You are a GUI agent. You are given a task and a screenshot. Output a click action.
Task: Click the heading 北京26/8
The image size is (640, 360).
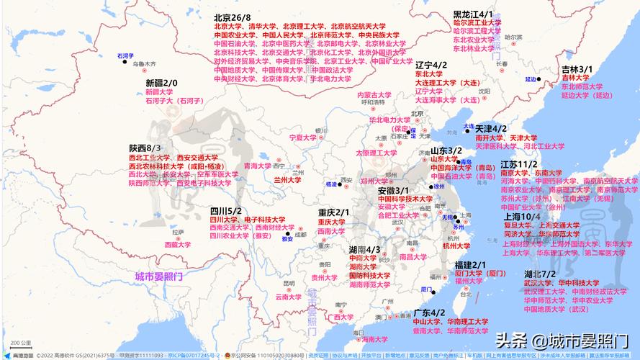(232, 17)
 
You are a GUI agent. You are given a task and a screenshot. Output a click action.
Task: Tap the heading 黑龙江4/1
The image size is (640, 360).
(472, 14)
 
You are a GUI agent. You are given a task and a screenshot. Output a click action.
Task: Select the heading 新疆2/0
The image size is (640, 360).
(161, 84)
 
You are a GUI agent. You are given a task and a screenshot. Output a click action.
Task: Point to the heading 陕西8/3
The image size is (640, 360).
(145, 148)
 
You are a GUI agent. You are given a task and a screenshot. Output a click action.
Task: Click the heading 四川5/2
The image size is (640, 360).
(225, 210)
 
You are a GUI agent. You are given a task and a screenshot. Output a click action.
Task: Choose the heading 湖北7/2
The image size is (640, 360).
(539, 274)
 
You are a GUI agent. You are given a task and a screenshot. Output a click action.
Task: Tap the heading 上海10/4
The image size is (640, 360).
(522, 215)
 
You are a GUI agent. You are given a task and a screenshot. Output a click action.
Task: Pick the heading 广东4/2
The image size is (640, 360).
(429, 312)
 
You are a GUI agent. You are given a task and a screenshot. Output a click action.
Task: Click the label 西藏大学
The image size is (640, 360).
(178, 245)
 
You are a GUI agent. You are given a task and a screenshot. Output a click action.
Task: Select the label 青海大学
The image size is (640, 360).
(258, 166)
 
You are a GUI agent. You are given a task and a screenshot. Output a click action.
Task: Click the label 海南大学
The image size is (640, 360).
(374, 339)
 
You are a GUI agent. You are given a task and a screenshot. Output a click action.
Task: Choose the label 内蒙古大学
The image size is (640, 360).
(374, 94)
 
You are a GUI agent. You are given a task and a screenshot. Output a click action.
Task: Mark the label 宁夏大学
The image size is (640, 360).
(302, 137)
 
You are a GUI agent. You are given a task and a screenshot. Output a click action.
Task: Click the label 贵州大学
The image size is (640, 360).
(325, 277)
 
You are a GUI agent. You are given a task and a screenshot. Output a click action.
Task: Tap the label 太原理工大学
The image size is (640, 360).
(376, 153)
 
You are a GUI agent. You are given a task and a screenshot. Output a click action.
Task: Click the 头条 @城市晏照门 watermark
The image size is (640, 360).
(561, 339)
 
